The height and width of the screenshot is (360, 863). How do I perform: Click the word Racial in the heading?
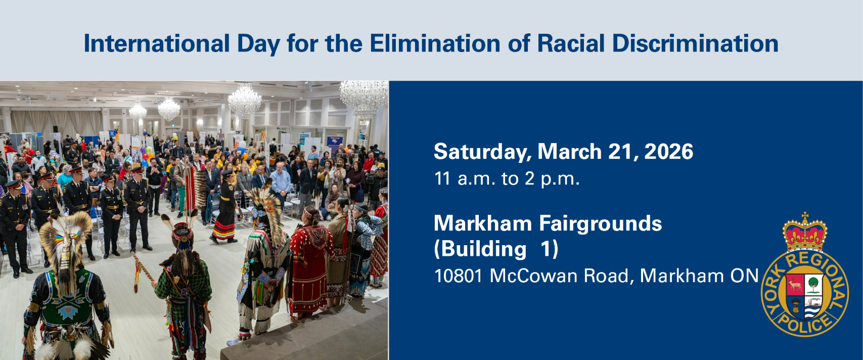[x=571, y=43]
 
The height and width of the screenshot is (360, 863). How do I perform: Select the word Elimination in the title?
[x=435, y=43]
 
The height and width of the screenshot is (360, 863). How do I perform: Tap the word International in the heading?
[x=156, y=43]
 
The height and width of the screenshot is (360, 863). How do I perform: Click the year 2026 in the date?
[x=668, y=152]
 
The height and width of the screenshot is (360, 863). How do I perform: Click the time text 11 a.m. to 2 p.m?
[x=507, y=179]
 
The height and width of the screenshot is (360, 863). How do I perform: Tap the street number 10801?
[x=458, y=276]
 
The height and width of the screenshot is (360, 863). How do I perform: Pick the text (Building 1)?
[x=496, y=249]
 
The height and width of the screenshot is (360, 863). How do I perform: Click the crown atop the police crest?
[x=804, y=233]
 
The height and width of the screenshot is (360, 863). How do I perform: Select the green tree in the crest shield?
[x=813, y=284]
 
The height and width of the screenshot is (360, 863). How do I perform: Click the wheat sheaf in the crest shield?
[x=795, y=306]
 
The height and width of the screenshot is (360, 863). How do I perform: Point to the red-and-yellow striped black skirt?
[x=224, y=226]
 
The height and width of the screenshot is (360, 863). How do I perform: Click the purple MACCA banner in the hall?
[x=335, y=143]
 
